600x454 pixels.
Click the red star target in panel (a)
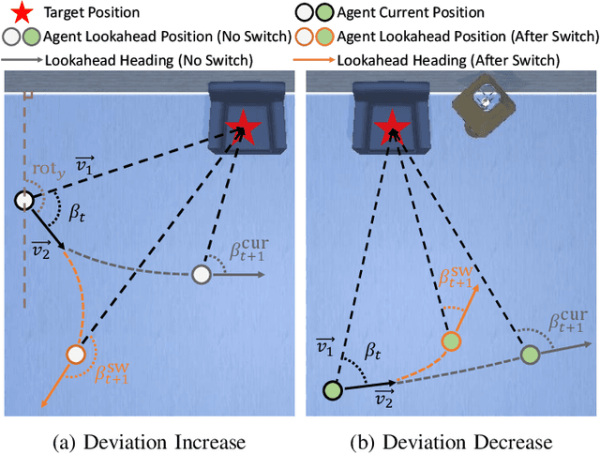pos(246,125)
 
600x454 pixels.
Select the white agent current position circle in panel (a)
pos(24,201)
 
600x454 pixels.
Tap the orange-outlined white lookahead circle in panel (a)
pos(76,355)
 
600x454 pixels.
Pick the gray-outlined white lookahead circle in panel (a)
pos(201,274)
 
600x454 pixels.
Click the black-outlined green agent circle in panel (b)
pos(332,389)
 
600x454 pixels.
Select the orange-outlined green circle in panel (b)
pos(452,341)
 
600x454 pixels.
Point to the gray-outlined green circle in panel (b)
pos(530,355)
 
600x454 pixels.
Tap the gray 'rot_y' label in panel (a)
pos(48,171)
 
